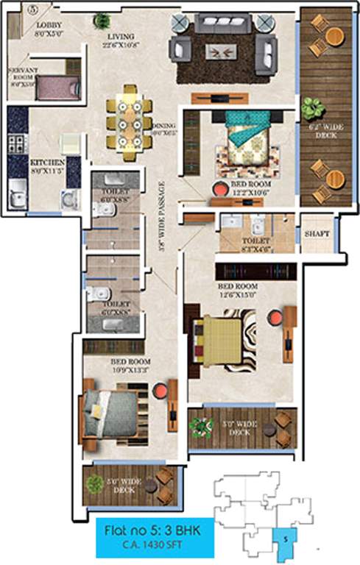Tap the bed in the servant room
(54, 88)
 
